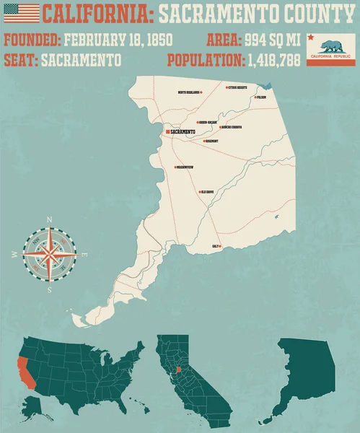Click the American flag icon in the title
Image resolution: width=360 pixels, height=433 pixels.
[21, 12]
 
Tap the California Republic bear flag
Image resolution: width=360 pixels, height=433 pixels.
[331, 48]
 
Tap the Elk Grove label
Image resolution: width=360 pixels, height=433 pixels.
[208, 191]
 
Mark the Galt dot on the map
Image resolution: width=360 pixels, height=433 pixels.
[220, 247]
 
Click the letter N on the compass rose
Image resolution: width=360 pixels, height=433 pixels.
[49, 219]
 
